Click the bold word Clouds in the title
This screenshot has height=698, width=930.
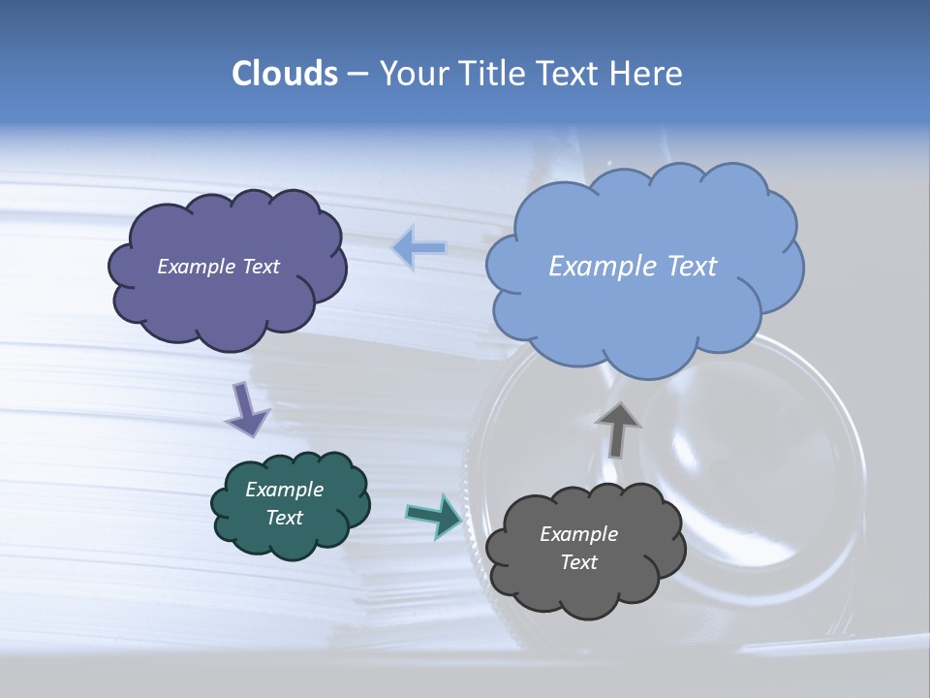(284, 73)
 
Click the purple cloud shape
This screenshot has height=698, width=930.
(228, 301)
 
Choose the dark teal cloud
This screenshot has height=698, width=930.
(291, 538)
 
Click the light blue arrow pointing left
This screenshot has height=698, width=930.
(419, 248)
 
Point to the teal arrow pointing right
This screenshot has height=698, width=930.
(434, 515)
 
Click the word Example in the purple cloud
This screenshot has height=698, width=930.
(194, 267)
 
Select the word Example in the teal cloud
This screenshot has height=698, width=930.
(285, 490)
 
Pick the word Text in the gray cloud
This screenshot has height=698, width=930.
(579, 562)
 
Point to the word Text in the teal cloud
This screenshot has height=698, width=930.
(285, 518)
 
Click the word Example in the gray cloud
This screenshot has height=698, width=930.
(579, 534)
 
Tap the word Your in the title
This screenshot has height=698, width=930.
(412, 73)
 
